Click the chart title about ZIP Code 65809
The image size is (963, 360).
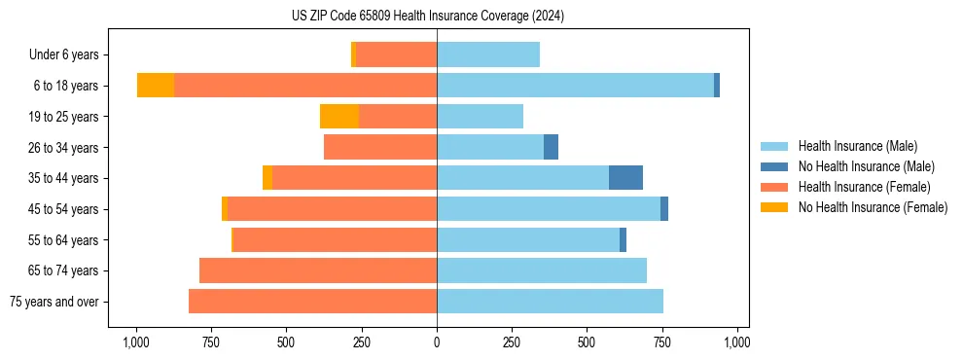tap(427, 16)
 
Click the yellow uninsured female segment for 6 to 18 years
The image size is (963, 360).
tap(156, 86)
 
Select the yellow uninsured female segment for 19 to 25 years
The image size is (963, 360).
tap(339, 117)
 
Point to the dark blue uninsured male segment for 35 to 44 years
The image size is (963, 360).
tap(625, 178)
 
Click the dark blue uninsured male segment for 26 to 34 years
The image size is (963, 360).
tap(551, 147)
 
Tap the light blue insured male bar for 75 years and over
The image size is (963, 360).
tap(550, 302)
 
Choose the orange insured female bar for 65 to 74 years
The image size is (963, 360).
tap(318, 270)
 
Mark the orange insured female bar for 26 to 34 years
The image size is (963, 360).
tap(380, 147)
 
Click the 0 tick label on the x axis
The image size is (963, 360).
tap(437, 343)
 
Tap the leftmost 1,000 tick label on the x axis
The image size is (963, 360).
tap(135, 343)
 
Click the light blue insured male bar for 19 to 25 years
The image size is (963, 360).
tap(480, 117)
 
